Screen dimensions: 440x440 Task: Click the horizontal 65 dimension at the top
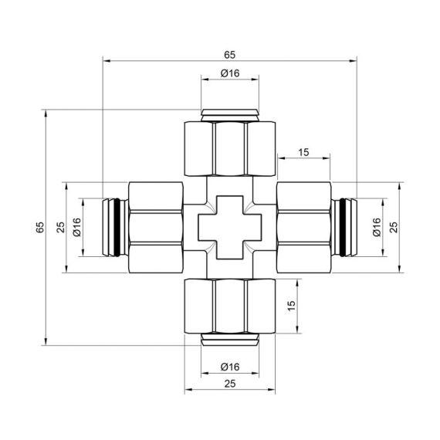tap(229, 54)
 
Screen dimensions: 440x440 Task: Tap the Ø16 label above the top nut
tap(229, 73)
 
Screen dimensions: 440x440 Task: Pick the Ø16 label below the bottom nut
tap(229, 366)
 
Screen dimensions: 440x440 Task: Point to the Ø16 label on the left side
tap(76, 228)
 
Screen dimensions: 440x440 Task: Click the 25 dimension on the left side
tap(59, 228)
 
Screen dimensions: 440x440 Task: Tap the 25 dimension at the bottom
tap(229, 383)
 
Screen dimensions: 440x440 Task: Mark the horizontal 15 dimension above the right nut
tap(303, 152)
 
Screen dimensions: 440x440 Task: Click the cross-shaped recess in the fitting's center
tap(229, 228)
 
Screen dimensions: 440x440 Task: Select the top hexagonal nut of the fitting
tap(229, 149)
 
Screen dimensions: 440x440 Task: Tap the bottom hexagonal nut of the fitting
tap(229, 306)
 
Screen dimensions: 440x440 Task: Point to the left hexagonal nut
tap(155, 228)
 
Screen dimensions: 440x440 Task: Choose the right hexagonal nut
tap(303, 228)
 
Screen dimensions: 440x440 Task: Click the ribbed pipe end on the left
tap(113, 228)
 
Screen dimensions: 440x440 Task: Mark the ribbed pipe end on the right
tap(345, 228)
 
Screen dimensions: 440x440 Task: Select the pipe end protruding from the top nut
tap(229, 115)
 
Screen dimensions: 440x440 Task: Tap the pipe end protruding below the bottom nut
tap(229, 340)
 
